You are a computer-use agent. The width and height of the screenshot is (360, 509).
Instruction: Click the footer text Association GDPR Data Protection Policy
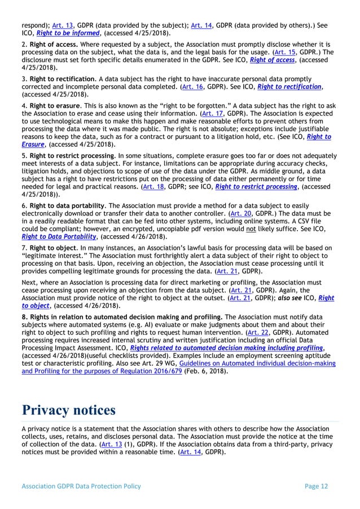(81, 486)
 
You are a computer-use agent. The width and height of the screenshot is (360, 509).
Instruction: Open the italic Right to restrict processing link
(257, 187)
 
